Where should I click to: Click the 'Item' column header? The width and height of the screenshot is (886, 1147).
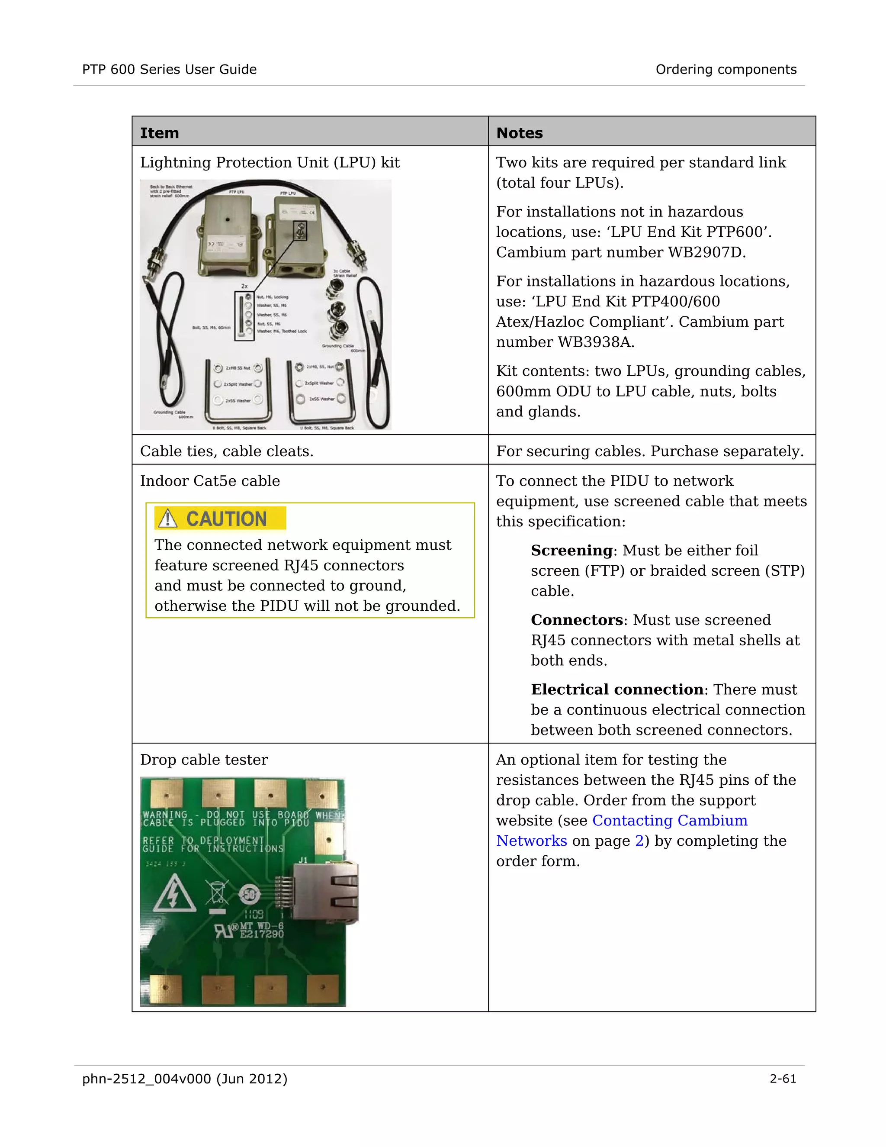pos(159,133)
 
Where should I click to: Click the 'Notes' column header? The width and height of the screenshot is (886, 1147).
pos(519,133)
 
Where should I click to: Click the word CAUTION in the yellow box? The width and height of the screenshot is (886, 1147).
pos(226,519)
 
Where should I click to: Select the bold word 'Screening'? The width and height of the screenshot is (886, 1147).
pos(571,551)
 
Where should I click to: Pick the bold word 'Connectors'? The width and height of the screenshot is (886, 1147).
pos(577,620)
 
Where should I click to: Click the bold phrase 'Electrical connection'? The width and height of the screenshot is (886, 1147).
pos(617,689)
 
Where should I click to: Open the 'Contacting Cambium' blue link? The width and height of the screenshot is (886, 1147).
pos(670,821)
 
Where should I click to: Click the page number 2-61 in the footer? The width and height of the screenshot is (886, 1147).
pos(783,1079)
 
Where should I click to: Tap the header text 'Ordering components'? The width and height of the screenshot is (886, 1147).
pos(726,69)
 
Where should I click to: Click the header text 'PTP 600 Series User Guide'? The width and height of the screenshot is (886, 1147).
pos(170,69)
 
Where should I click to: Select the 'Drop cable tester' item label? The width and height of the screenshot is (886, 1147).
pos(204,760)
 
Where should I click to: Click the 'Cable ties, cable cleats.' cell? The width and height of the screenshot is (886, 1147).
pos(226,451)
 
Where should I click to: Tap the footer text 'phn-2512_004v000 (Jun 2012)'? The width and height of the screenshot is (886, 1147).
pos(185,1079)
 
